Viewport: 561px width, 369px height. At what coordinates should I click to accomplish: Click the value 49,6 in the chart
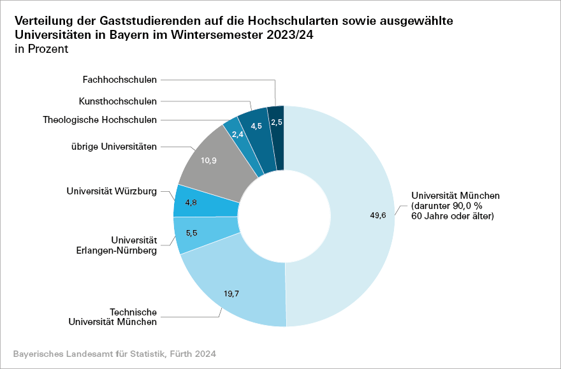(x=379, y=215)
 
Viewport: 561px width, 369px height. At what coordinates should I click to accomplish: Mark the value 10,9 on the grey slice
(x=208, y=161)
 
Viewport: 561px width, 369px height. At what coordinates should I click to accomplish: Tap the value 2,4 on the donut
(x=238, y=134)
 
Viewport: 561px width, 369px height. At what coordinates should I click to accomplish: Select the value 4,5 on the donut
(x=256, y=126)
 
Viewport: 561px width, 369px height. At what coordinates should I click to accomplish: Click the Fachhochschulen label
(x=119, y=80)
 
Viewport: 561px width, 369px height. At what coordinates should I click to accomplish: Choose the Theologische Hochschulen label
(x=99, y=119)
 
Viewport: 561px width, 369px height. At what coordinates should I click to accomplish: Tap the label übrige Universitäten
(x=114, y=147)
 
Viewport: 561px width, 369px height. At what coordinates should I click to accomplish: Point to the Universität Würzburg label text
(x=112, y=191)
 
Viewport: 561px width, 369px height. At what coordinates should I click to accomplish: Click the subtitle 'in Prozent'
(x=40, y=49)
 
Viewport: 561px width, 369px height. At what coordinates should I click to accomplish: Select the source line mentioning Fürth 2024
(x=114, y=353)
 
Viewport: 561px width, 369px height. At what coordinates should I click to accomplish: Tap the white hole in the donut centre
(x=284, y=216)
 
